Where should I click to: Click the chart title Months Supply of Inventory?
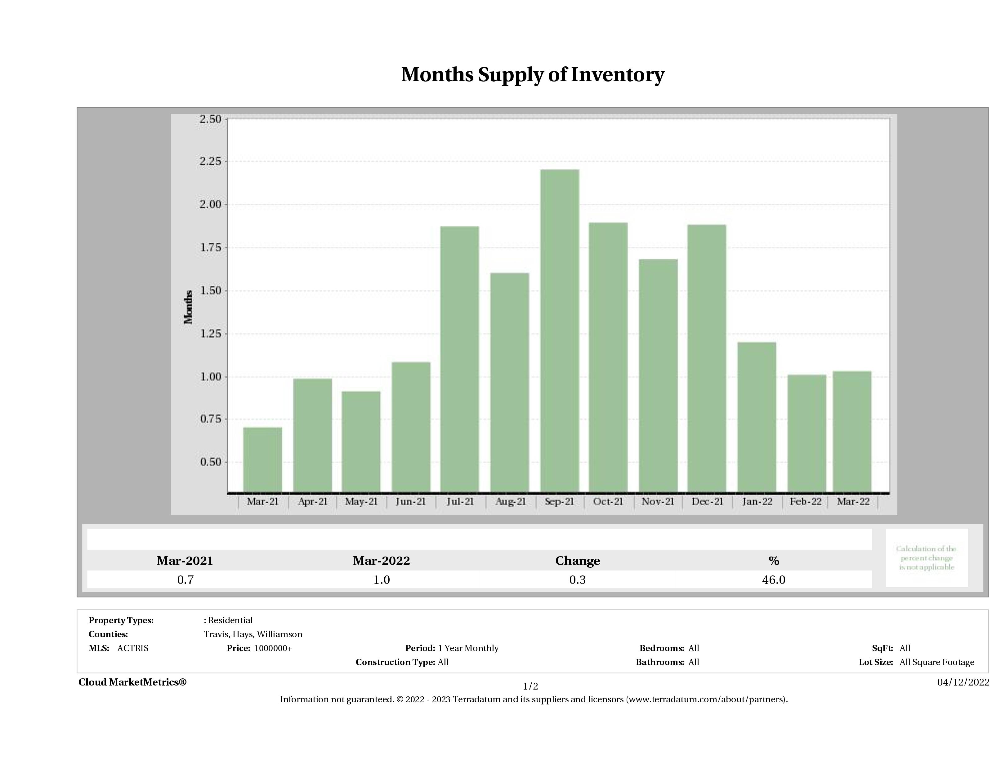tap(533, 75)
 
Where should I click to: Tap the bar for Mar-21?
tap(262, 459)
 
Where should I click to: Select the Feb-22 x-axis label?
tap(806, 502)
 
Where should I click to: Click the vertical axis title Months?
tap(188, 307)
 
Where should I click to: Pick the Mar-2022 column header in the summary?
tap(382, 561)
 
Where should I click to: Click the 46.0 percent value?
tap(773, 580)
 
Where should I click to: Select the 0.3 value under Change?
tap(578, 580)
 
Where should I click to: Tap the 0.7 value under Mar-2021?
tap(185, 580)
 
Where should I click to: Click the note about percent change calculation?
tap(926, 558)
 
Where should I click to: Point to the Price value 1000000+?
tap(273, 648)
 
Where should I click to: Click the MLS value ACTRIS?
tap(132, 648)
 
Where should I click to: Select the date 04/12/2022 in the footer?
tap(963, 682)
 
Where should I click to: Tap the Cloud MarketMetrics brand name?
tap(132, 682)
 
